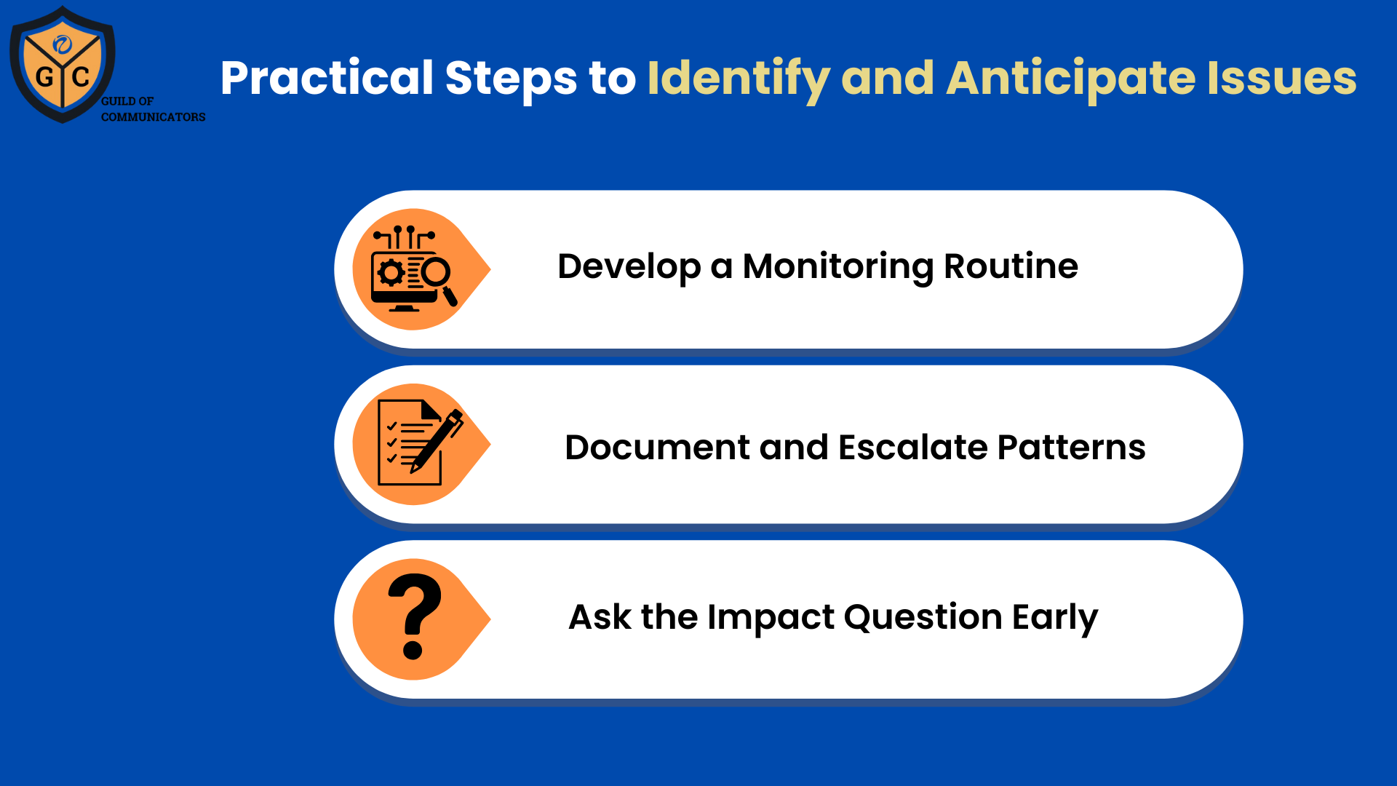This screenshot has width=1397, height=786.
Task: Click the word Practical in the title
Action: [327, 79]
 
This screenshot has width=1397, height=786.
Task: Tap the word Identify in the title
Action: [739, 79]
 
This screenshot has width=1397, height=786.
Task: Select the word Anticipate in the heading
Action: [1071, 79]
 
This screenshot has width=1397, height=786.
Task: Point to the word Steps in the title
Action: [511, 79]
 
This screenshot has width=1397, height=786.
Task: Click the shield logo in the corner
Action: [63, 64]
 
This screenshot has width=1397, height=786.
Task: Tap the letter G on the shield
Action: [44, 76]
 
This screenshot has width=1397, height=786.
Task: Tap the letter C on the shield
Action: [81, 76]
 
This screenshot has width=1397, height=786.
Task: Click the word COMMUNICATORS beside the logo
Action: [153, 117]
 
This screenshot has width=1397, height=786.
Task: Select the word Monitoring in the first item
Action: [837, 267]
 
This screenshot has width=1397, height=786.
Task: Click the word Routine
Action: [1011, 266]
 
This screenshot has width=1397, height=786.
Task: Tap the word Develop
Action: [629, 267]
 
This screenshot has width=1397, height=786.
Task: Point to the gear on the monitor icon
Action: [391, 273]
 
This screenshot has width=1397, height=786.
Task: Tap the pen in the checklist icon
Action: [437, 441]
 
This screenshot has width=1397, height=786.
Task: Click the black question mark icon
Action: [415, 616]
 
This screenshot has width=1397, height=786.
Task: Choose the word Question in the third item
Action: [923, 618]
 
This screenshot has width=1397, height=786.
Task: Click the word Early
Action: [1055, 618]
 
